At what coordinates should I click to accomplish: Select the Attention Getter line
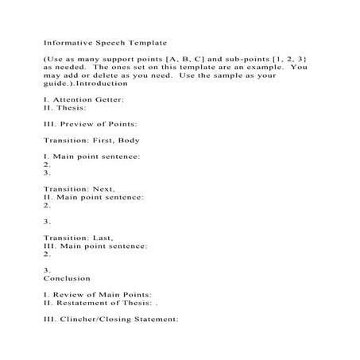[x=84, y=100]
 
